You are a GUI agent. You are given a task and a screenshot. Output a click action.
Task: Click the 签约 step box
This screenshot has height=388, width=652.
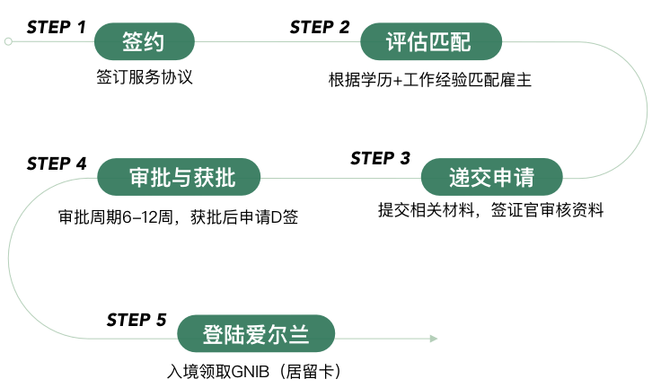[x=144, y=42]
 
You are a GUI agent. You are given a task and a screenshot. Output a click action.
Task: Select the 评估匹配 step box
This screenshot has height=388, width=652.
[x=430, y=42]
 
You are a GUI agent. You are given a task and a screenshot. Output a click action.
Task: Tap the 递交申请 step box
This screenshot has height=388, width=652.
[x=491, y=177]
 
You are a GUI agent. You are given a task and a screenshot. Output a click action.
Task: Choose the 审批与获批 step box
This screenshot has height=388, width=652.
[x=179, y=177]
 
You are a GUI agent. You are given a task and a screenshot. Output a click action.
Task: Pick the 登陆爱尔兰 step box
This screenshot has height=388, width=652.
[x=256, y=335]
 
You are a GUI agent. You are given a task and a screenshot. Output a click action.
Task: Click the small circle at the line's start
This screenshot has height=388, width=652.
[x=8, y=41]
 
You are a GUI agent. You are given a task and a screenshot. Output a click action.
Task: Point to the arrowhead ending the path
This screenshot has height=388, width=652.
[x=434, y=339]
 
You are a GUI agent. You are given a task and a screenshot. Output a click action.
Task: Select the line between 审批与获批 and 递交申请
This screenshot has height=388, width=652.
[x=341, y=178]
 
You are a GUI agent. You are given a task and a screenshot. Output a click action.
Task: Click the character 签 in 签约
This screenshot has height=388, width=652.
[x=133, y=42]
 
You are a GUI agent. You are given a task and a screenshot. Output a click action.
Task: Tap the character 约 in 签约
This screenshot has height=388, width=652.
[x=154, y=42]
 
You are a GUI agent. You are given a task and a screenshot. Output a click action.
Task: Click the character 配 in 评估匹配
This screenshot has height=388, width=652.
[x=461, y=42]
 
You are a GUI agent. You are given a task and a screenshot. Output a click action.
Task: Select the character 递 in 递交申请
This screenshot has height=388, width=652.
[x=460, y=178]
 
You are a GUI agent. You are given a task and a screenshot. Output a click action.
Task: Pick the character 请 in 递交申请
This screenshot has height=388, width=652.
[x=524, y=178]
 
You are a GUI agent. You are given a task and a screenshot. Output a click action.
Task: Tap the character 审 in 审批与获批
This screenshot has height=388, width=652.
[x=139, y=178]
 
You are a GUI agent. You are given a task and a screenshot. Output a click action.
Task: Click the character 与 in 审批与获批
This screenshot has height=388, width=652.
[x=181, y=178]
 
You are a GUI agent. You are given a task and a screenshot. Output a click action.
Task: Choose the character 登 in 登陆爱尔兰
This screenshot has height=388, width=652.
[x=214, y=336]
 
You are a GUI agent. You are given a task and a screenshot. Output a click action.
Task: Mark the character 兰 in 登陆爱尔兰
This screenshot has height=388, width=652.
[x=299, y=336]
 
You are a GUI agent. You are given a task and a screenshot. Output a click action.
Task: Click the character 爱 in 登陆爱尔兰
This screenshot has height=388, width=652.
[x=256, y=336]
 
